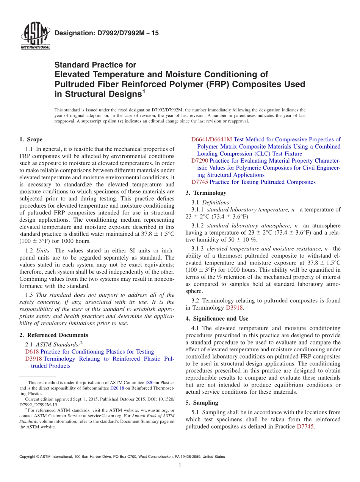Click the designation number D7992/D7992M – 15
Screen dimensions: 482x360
[x=106, y=33]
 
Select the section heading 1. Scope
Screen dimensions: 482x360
[x=31, y=139]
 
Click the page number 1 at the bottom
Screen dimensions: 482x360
[x=180, y=466]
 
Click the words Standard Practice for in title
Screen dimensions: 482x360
[x=95, y=65]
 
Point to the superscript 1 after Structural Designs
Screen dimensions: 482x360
[x=144, y=91]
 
